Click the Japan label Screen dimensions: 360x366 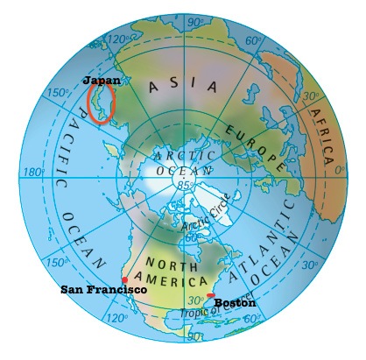[101, 79]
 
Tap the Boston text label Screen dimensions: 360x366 [235, 302]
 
